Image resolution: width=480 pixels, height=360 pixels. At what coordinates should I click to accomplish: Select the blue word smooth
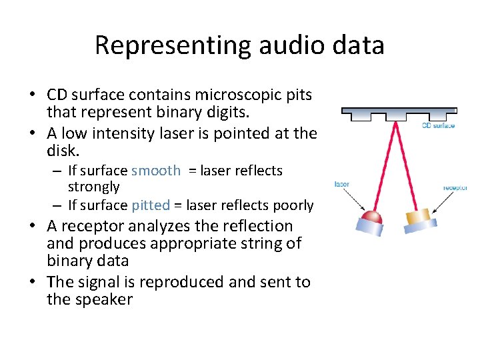[x=156, y=171]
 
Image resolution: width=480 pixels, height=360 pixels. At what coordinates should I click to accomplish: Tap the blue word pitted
[x=151, y=205]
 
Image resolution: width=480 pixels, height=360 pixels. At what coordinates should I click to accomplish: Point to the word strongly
[x=94, y=187]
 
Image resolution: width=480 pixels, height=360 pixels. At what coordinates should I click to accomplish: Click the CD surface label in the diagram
[x=438, y=126]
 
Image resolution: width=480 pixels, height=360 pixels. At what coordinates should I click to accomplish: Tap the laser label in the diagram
[x=342, y=184]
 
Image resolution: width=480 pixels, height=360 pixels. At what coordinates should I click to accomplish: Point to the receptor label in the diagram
[x=455, y=188]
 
